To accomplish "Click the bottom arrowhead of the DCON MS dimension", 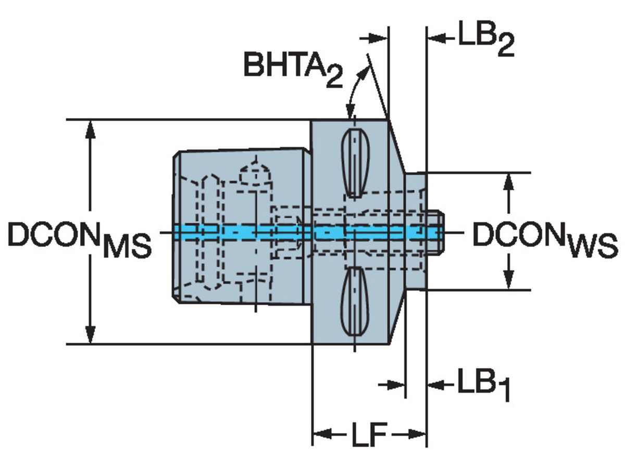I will (91, 335).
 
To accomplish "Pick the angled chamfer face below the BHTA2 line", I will (397, 151).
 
